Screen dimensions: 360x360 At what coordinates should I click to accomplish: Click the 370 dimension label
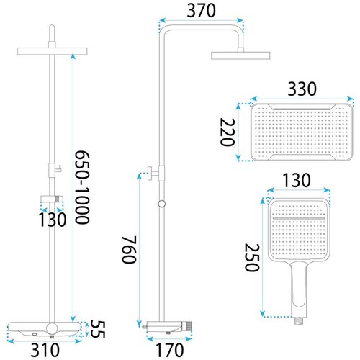tap(201, 11)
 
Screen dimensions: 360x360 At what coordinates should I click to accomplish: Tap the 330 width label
tap(302, 89)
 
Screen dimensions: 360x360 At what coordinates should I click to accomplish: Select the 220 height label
tap(227, 132)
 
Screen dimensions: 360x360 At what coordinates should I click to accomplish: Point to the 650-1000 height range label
tap(82, 187)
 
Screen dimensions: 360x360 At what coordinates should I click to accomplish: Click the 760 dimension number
tap(130, 250)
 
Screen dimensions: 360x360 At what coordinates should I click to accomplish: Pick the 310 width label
tap(45, 350)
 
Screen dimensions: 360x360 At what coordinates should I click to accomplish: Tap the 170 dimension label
tap(170, 350)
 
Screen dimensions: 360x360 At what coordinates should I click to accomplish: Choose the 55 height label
tap(98, 329)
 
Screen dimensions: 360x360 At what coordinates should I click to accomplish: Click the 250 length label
tap(252, 257)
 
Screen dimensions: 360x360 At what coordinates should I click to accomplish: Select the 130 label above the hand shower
tap(297, 180)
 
